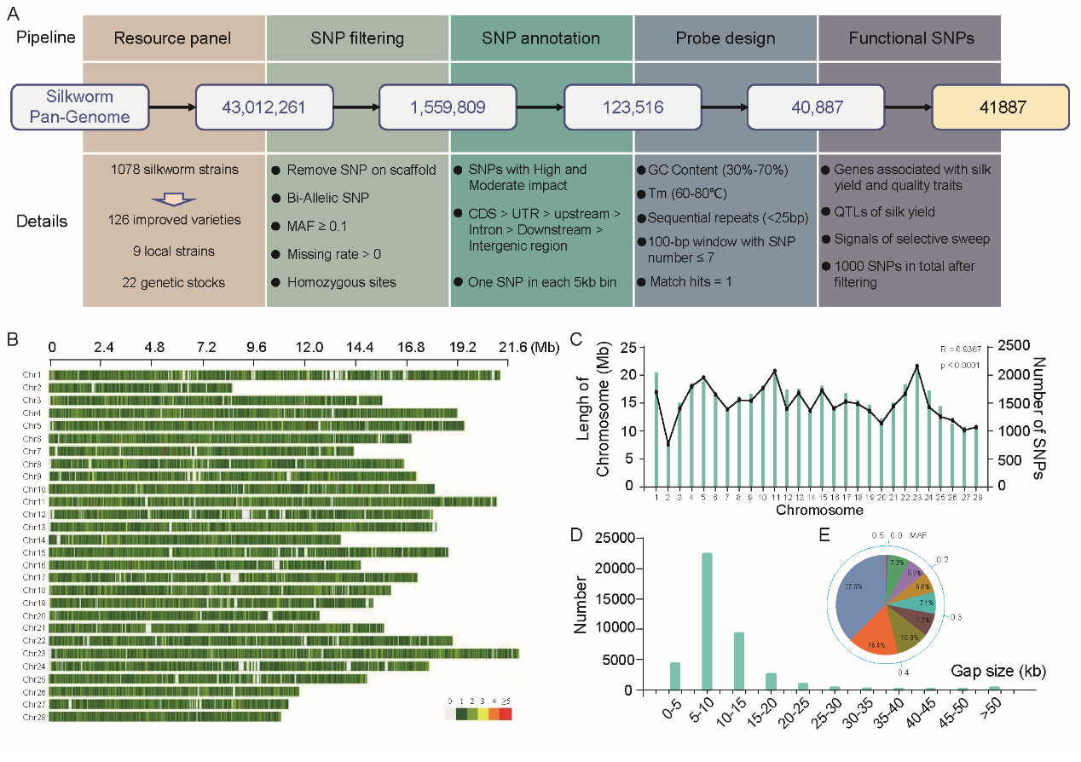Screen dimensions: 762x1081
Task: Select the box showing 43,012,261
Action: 263,107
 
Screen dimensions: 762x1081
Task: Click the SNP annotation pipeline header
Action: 540,38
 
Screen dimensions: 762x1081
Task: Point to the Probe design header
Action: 725,38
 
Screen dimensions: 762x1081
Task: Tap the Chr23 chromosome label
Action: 35,654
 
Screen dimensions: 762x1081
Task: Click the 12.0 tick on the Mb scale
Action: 309,348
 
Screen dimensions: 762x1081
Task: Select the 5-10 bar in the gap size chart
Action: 707,621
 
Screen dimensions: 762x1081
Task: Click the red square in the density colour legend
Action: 506,714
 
